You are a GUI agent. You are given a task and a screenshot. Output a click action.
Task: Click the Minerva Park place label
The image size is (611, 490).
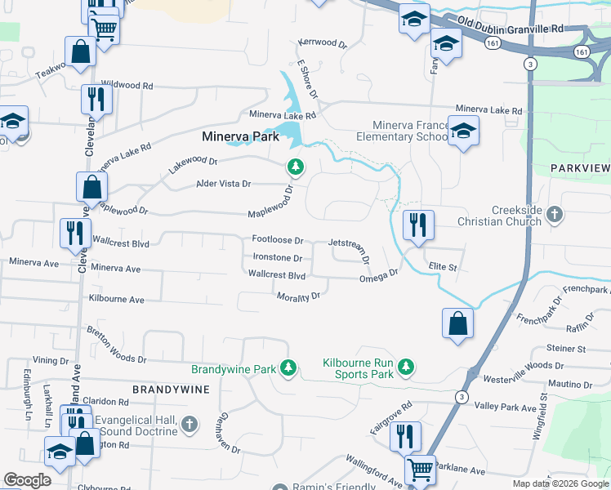click(x=241, y=138)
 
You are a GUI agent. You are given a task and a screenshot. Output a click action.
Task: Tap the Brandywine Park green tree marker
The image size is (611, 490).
click(x=288, y=369)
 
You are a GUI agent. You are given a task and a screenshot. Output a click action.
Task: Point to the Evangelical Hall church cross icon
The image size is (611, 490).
click(x=189, y=423)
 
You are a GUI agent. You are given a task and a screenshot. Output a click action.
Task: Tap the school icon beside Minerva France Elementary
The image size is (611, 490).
click(x=463, y=131)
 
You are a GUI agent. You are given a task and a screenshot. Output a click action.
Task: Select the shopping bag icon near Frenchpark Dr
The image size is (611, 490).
click(x=457, y=322)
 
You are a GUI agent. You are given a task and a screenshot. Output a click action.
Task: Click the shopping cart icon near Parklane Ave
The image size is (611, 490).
click(x=421, y=470)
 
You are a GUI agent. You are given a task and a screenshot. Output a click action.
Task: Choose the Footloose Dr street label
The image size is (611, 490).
click(x=278, y=241)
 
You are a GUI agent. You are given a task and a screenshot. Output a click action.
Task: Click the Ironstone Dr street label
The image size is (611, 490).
click(x=278, y=258)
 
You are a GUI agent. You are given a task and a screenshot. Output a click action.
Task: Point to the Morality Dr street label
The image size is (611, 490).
click(x=297, y=296)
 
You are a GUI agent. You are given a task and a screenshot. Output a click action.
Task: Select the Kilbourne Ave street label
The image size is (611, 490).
click(x=117, y=301)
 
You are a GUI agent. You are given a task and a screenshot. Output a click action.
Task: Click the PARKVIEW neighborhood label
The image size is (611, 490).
click(x=580, y=167)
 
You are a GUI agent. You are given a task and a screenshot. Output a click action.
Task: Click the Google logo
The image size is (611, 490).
click(x=28, y=480)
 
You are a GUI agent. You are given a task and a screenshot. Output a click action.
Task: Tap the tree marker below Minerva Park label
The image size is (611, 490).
click(x=295, y=167)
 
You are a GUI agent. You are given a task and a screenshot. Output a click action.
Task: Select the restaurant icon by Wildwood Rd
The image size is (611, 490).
click(x=96, y=100)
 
